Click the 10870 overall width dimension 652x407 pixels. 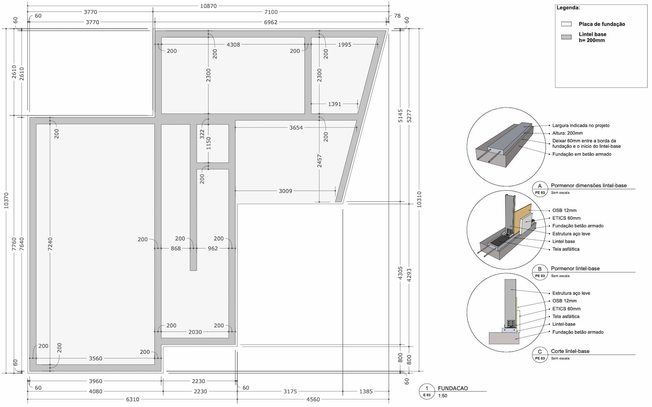pyautogui.click(x=208, y=6)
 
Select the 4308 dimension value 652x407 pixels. pyautogui.click(x=233, y=44)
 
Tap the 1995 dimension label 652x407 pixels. pyautogui.click(x=344, y=44)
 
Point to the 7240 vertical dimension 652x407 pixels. pyautogui.click(x=50, y=244)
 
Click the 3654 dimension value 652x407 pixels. pyautogui.click(x=296, y=128)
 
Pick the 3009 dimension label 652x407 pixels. pyautogui.click(x=285, y=191)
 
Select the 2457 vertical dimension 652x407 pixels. pyautogui.click(x=319, y=161)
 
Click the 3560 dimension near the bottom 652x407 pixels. pyautogui.click(x=95, y=358)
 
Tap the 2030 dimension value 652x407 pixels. pyautogui.click(x=195, y=332)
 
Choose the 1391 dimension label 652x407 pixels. pyautogui.click(x=334, y=104)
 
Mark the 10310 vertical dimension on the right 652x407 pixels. pyautogui.click(x=419, y=199)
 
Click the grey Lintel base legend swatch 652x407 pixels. pyautogui.click(x=566, y=37)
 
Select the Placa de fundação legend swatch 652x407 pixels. pyautogui.click(x=566, y=24)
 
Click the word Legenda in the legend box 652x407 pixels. pyautogui.click(x=568, y=8)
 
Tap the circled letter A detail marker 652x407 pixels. pyautogui.click(x=540, y=186)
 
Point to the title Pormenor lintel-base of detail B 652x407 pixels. pyautogui.click(x=575, y=269)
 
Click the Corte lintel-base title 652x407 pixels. pyautogui.click(x=570, y=351)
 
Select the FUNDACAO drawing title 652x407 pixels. pyautogui.click(x=453, y=388)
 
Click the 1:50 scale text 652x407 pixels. pyautogui.click(x=442, y=396)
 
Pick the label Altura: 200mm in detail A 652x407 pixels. pyautogui.click(x=567, y=133)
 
